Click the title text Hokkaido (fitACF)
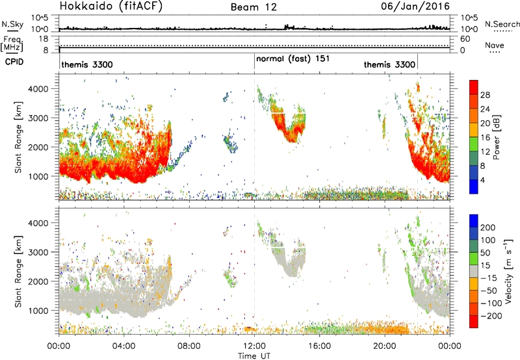[x=111, y=6]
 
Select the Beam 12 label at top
[x=253, y=7]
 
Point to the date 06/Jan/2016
[x=415, y=6]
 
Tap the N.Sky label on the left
[x=12, y=24]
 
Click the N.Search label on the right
[x=502, y=24]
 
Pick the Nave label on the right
[x=495, y=45]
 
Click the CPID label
[x=14, y=62]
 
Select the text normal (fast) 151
[x=293, y=59]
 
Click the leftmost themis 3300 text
[x=87, y=64]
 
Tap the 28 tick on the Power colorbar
[x=485, y=95]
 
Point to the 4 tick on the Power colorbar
[x=482, y=180]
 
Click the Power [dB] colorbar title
[x=496, y=137]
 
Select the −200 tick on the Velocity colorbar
[x=492, y=316]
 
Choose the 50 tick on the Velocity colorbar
[x=485, y=253]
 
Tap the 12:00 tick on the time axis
[x=254, y=346]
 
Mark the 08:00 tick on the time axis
[x=189, y=346]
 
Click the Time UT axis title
[x=254, y=356]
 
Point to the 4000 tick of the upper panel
[x=38, y=89]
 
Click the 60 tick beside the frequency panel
[x=465, y=39]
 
